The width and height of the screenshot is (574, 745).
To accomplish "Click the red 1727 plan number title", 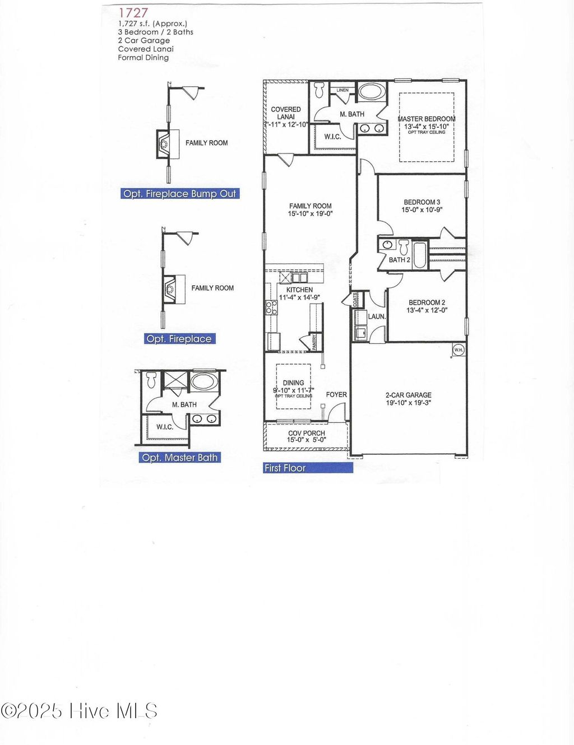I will pyautogui.click(x=133, y=12).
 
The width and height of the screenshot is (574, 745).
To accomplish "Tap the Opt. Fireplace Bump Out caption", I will pyautogui.click(x=180, y=194).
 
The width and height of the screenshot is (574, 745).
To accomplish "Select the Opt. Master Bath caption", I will pyautogui.click(x=179, y=458).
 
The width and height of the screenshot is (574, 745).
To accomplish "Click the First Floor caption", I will pyautogui.click(x=285, y=468).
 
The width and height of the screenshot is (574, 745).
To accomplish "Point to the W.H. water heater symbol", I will pyautogui.click(x=458, y=350).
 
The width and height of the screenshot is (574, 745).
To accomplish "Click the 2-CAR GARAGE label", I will pyautogui.click(x=408, y=395).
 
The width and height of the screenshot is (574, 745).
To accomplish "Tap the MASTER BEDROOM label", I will pyautogui.click(x=426, y=119).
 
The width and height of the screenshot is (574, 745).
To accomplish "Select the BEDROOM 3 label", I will pyautogui.click(x=422, y=202).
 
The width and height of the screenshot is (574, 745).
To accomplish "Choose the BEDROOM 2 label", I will pyautogui.click(x=427, y=302).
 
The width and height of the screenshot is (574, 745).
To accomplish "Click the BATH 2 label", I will pyautogui.click(x=400, y=260).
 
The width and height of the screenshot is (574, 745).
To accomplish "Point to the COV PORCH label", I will pyautogui.click(x=306, y=433).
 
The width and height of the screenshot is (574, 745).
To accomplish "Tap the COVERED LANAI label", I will pyautogui.click(x=286, y=113).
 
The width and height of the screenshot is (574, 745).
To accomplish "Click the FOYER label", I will pyautogui.click(x=336, y=394).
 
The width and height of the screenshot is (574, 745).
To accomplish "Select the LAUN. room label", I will pyautogui.click(x=377, y=316).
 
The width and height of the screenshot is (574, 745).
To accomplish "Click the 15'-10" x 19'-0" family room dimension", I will pyautogui.click(x=311, y=213).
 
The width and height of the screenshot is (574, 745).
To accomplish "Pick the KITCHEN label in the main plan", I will pyautogui.click(x=299, y=290).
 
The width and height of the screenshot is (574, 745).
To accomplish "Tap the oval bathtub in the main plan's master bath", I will pyautogui.click(x=372, y=91).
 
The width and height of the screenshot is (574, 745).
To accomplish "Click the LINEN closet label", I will pyautogui.click(x=342, y=90).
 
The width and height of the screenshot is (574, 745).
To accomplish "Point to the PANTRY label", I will pyautogui.click(x=314, y=342).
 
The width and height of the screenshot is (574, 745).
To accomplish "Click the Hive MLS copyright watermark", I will pyautogui.click(x=79, y=711).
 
